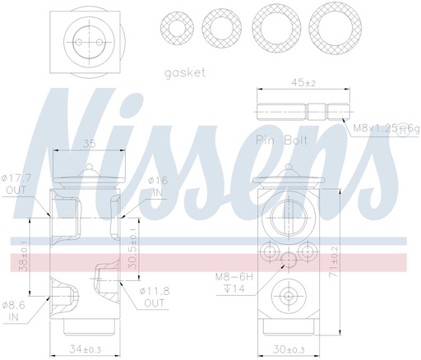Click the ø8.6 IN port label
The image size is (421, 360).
click(17, 309)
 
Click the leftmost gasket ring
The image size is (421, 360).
click(174, 31)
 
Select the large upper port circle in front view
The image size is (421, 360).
click(288, 216)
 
